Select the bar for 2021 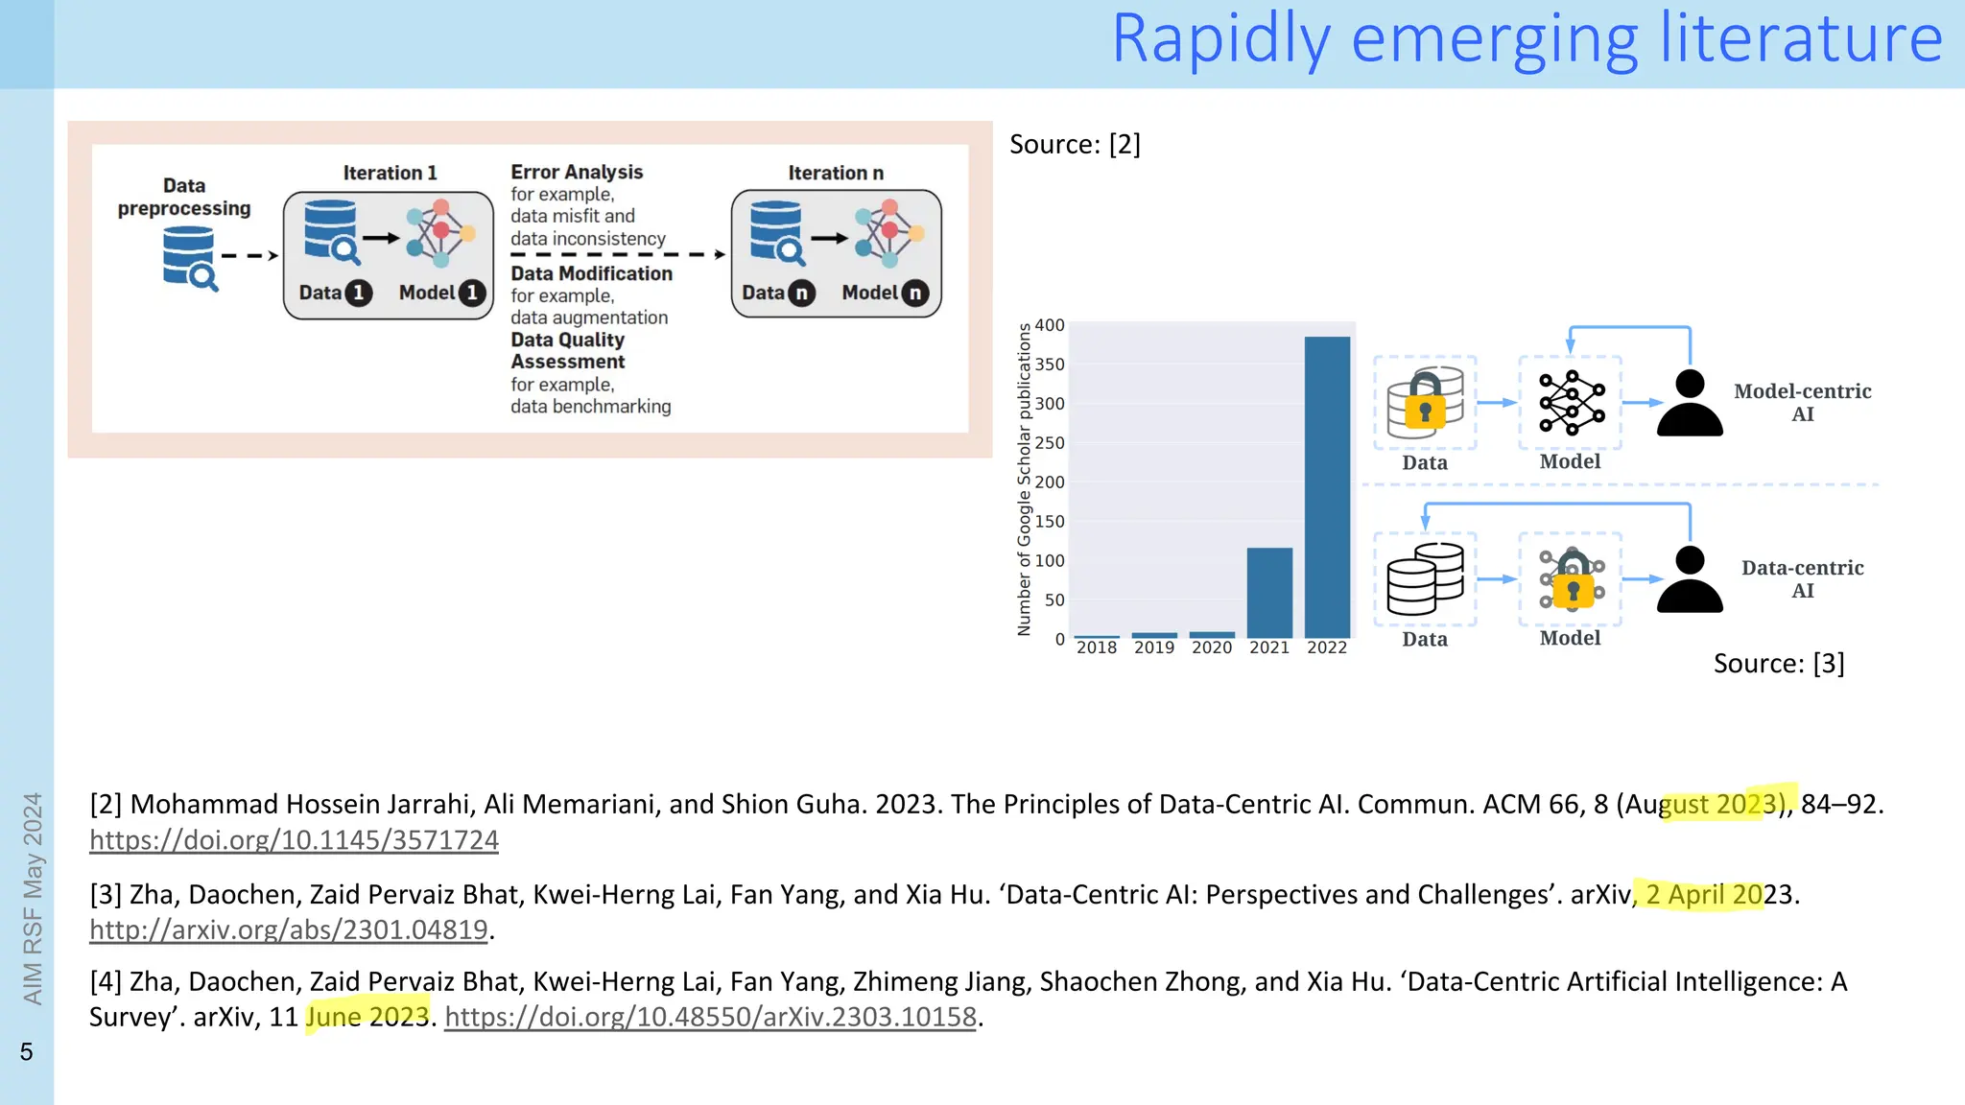point(1269,592)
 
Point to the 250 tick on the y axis point(1050,443)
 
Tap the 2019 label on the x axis point(1154,648)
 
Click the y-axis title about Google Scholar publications point(1024,480)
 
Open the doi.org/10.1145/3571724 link point(294,840)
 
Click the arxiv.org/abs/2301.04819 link point(289,929)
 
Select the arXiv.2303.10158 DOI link point(710,1017)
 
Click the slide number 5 point(27,1052)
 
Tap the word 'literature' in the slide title point(1801,40)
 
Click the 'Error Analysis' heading point(577,173)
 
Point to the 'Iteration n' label point(836,174)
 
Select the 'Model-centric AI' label point(1802,403)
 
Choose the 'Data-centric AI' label point(1802,579)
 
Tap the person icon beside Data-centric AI point(1690,579)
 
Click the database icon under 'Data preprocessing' point(189,257)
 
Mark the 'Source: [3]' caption point(1779,664)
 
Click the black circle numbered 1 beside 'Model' point(471,294)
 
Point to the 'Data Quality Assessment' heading point(568,351)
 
